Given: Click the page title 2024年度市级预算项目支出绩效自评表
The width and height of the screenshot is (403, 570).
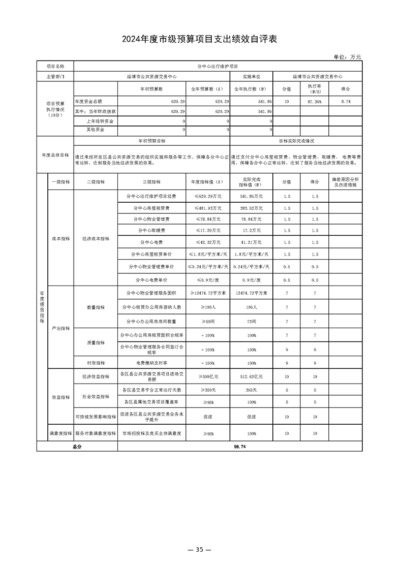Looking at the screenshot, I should click(x=201, y=40).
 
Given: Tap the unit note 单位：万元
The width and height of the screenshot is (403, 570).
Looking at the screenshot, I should click(x=347, y=57).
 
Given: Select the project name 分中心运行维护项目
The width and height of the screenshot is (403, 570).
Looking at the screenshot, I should click(x=218, y=66).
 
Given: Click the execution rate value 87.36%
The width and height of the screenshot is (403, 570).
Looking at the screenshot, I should click(x=314, y=102).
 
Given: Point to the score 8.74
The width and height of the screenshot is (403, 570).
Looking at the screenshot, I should click(x=346, y=102).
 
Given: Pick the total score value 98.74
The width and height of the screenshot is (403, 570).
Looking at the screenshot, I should click(x=240, y=446).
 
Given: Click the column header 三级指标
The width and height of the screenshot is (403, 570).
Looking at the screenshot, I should click(x=151, y=181).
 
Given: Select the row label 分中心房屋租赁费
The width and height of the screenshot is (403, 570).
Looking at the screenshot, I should click(x=151, y=208).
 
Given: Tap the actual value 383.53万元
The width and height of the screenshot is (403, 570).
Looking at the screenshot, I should click(x=251, y=208).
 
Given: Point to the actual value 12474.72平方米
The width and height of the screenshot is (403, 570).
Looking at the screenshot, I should click(x=251, y=293).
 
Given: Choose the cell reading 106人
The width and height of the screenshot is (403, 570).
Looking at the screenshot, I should click(x=251, y=307).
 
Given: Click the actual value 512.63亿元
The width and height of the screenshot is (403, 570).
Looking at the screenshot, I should click(x=251, y=376).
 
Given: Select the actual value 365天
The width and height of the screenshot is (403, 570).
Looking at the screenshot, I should click(x=251, y=390).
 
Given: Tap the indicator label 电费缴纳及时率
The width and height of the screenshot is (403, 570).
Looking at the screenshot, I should click(x=151, y=363).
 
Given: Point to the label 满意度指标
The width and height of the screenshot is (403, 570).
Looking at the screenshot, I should click(x=60, y=433).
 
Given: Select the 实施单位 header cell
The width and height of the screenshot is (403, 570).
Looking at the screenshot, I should click(x=251, y=76).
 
